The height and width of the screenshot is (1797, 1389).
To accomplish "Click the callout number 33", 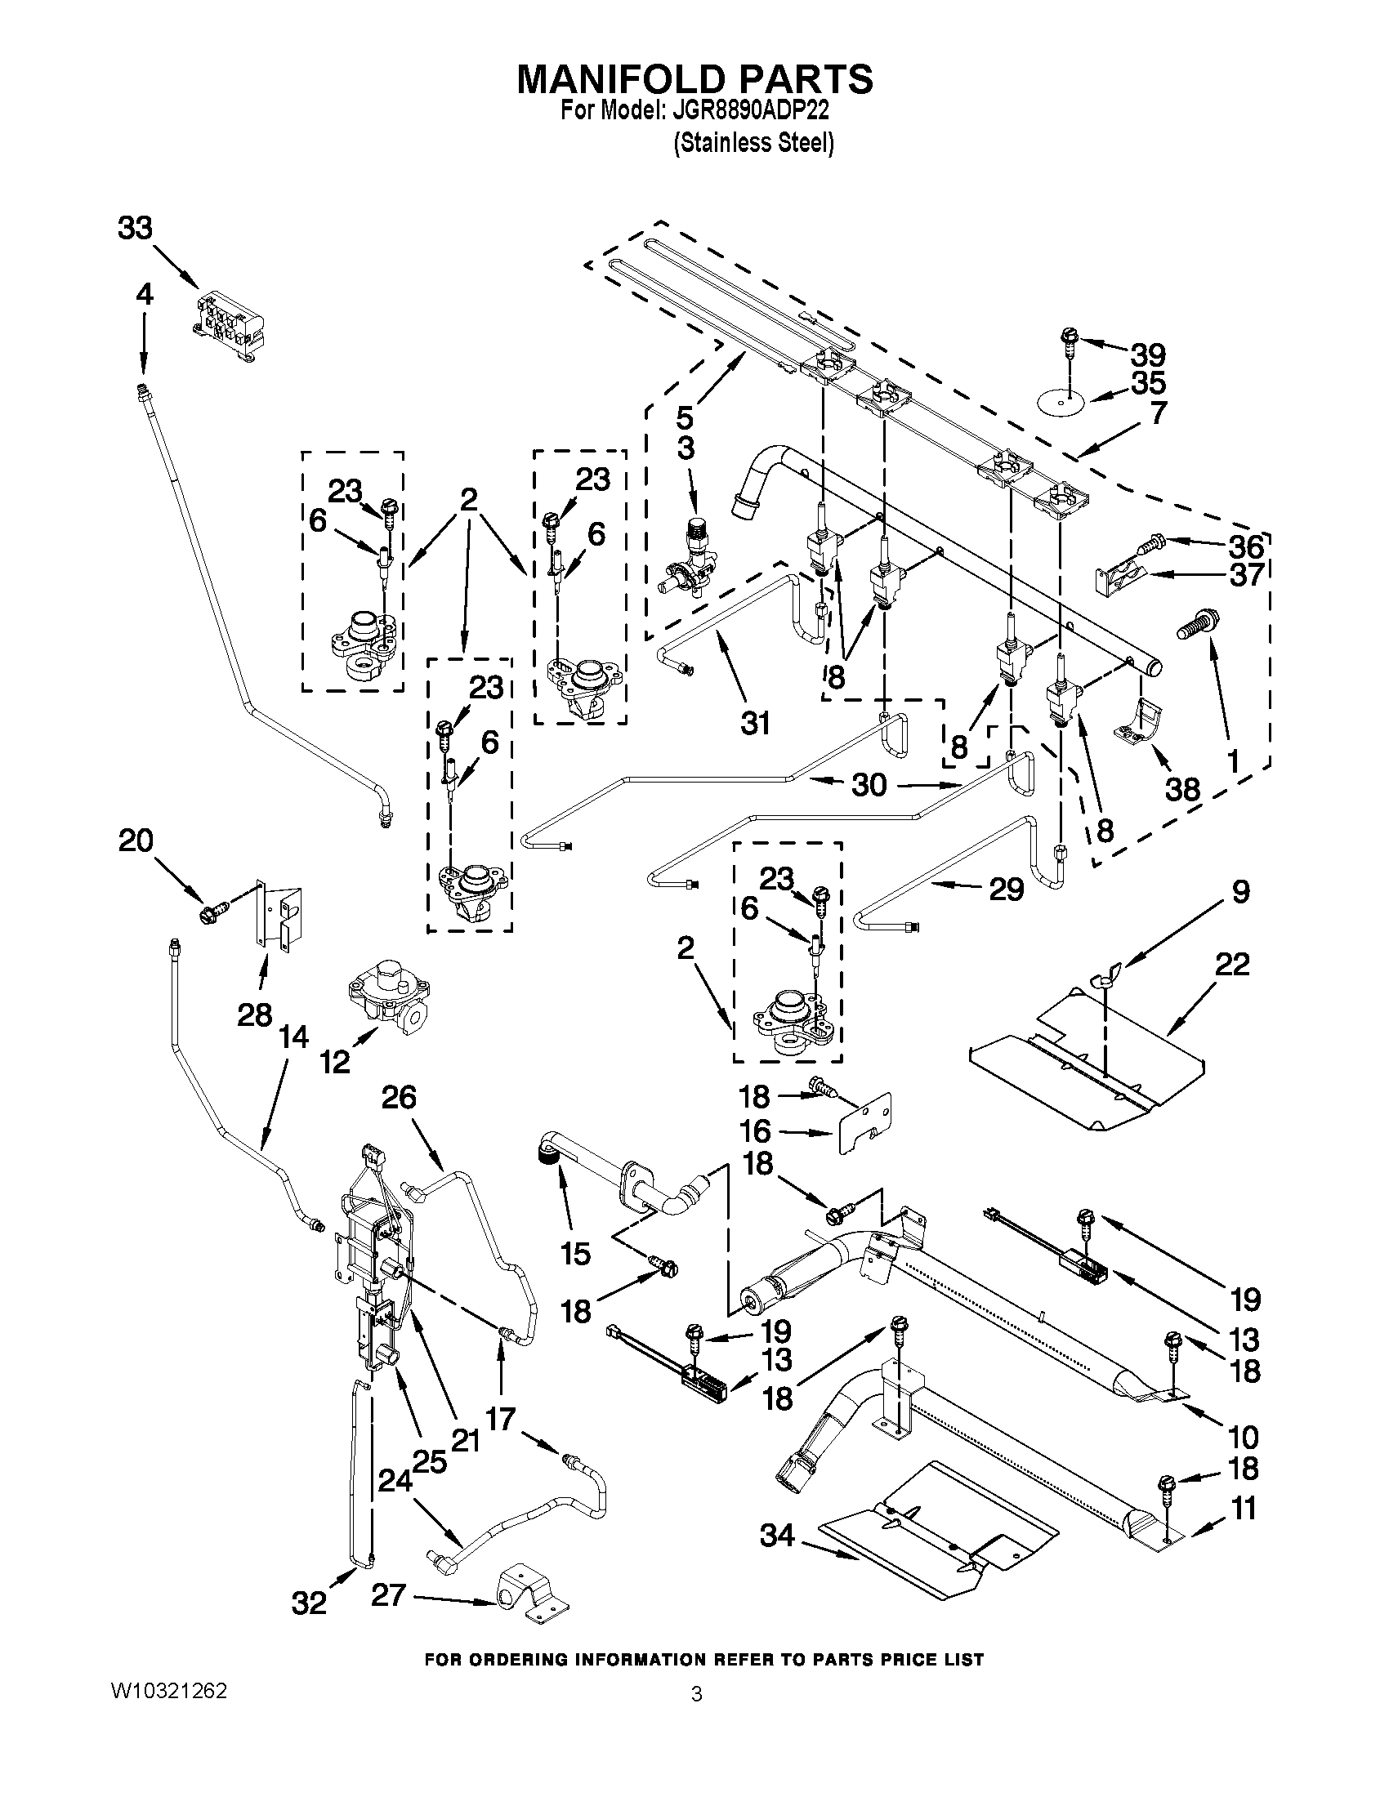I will [135, 228].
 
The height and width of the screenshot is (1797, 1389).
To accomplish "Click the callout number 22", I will [1232, 965].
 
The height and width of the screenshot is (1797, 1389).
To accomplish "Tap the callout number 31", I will [755, 723].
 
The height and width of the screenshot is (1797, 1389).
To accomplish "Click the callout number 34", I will [777, 1535].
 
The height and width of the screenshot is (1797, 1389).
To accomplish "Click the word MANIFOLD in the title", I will [620, 80].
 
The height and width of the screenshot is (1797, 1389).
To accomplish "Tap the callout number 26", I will [399, 1098].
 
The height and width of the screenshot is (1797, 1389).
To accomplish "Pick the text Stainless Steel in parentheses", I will [754, 144].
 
